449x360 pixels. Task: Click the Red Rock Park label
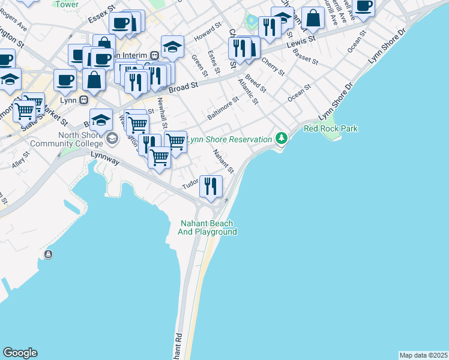331,128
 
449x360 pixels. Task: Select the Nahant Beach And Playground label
208,227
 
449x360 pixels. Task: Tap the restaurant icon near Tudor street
211,185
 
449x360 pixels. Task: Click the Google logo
20,353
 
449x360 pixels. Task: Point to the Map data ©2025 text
423,355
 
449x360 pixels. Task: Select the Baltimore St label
223,111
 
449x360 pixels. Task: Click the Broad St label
183,88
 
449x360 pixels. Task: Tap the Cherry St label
273,67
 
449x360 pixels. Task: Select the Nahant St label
223,163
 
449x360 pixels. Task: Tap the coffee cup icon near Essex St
121,23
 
